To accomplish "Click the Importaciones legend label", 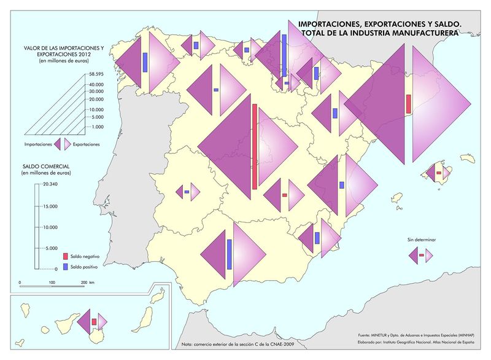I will click(37, 144).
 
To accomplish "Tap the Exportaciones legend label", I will click(86, 144).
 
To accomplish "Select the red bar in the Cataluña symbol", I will click(409, 103).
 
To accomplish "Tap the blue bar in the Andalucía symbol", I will click(229, 254).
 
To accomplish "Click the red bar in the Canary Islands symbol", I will click(94, 321).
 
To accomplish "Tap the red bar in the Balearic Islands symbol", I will click(438, 173).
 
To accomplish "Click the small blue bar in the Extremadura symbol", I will click(187, 192).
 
